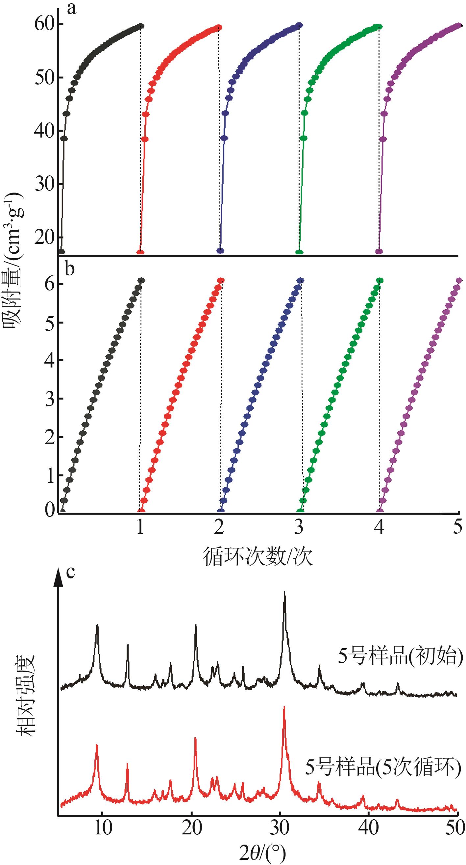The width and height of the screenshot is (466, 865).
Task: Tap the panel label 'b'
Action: click(x=69, y=269)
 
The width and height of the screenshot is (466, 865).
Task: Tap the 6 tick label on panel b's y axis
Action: click(x=50, y=284)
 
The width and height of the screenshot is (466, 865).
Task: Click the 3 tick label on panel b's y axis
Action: click(x=50, y=399)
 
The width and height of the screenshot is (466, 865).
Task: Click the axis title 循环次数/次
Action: click(x=258, y=557)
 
